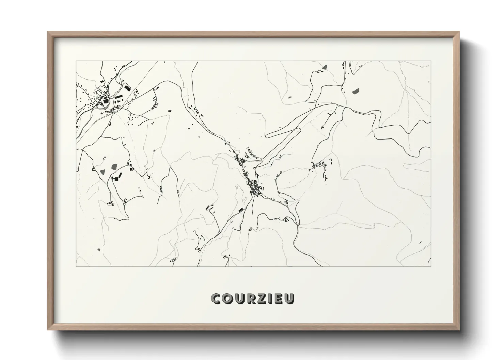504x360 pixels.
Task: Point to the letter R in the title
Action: coord(249,298)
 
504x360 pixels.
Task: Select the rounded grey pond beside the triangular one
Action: coord(113,167)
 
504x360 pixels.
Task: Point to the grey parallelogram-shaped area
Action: coord(356,91)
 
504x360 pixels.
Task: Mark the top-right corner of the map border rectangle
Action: coord(431,61)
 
